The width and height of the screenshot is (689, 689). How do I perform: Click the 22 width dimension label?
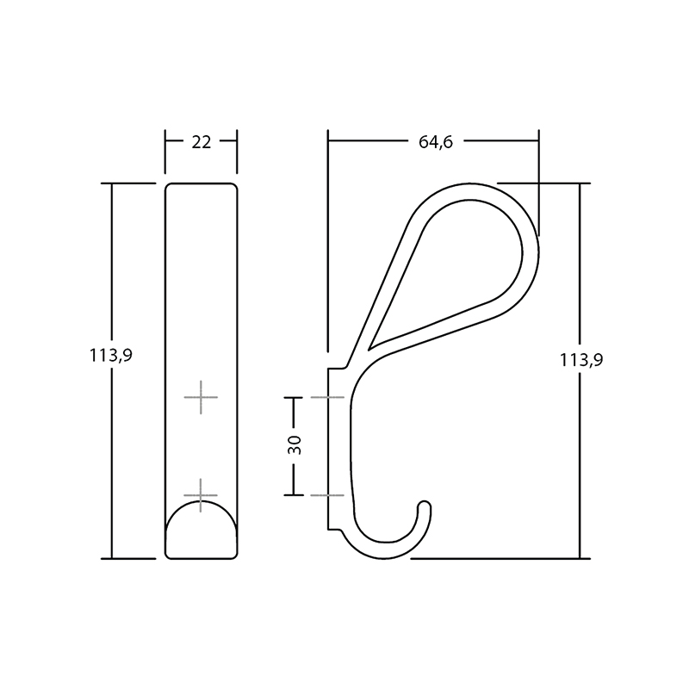202,142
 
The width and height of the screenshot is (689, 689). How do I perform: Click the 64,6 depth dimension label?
435,142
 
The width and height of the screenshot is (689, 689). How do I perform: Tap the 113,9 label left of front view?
111,355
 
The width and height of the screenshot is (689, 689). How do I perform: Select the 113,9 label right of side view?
580,360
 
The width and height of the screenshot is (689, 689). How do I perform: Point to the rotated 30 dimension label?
295,444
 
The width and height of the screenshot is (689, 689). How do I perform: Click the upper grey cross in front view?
201,397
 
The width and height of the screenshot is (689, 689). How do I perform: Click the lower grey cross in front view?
201,495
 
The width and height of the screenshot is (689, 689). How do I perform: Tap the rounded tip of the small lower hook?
424,505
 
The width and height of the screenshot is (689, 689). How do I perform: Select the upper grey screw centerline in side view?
327,397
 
